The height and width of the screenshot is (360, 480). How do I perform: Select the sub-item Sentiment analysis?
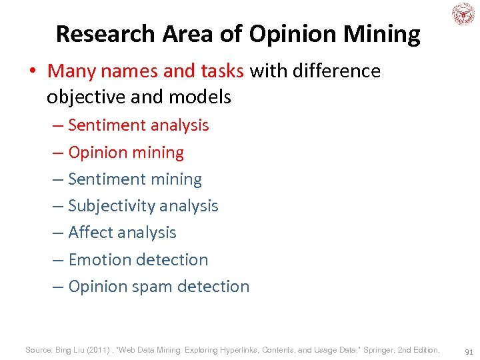pos(138,125)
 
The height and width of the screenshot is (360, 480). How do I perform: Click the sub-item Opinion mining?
pos(126,152)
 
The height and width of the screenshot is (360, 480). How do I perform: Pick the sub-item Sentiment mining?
pos(135,179)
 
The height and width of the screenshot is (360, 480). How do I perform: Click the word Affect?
pos(94,233)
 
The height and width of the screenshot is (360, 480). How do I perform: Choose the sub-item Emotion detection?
pos(138,259)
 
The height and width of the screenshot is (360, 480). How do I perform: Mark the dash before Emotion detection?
pos(58,260)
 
